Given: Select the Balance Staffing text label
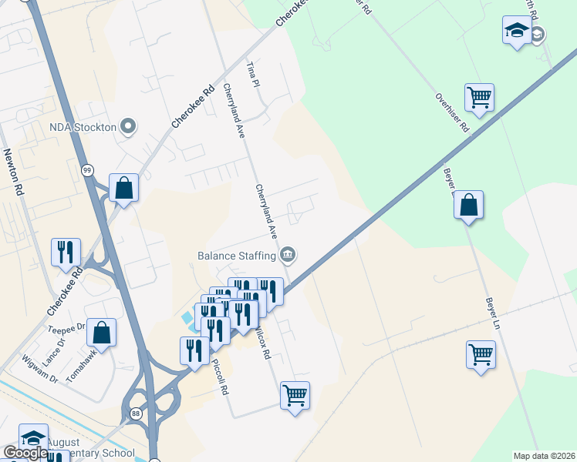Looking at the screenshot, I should [237, 254].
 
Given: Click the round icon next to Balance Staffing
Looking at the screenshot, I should [288, 253].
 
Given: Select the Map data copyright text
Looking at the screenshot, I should [544, 456].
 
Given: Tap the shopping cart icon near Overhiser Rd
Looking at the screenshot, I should [479, 98].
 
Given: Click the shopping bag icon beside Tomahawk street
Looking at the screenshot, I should [101, 333].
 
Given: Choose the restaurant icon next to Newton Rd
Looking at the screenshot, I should [66, 251].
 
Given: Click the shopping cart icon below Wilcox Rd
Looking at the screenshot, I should [295, 396].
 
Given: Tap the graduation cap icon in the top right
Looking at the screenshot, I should [516, 31].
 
